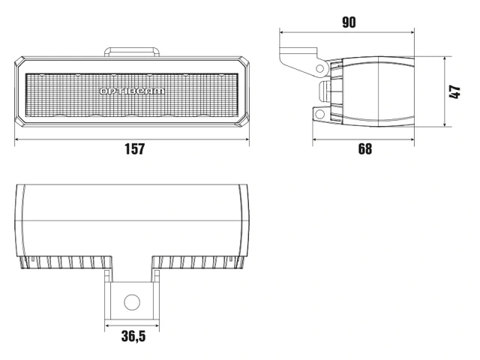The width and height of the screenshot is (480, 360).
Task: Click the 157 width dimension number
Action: coord(134,148)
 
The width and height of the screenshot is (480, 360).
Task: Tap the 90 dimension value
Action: coord(349,22)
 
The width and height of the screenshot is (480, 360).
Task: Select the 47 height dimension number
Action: coord(454,92)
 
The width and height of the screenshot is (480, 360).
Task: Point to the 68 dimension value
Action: coord(364,148)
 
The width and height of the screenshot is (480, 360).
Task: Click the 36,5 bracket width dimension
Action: coord(133,336)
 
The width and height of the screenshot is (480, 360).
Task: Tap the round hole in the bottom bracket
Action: coord(132,302)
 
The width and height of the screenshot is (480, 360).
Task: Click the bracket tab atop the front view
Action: coord(133,52)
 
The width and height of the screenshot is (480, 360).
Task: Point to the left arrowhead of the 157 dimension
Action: coord(18,139)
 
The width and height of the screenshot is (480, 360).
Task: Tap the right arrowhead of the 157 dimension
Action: coord(247,139)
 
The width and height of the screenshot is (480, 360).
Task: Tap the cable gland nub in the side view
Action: coord(325,91)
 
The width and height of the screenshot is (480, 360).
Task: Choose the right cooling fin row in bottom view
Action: coord(199,262)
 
